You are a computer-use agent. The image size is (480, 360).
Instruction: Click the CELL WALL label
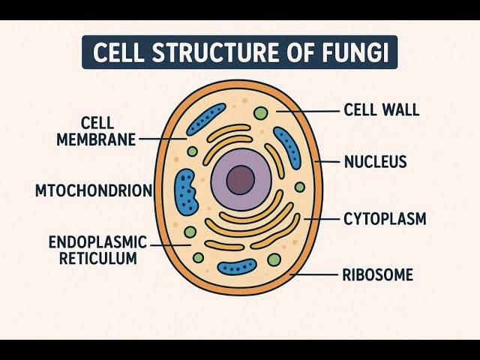(381, 110)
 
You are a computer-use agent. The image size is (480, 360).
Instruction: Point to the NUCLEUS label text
(375, 161)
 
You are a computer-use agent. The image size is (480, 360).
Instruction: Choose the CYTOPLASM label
(385, 219)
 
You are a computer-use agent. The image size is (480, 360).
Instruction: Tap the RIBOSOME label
(377, 274)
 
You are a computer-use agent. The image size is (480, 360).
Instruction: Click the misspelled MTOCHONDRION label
(94, 190)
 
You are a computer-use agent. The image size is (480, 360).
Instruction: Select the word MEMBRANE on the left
(96, 139)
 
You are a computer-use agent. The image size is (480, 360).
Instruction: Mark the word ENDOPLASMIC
(97, 243)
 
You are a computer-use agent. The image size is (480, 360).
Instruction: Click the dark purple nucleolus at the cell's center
(241, 180)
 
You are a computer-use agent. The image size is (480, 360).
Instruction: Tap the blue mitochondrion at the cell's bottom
(237, 266)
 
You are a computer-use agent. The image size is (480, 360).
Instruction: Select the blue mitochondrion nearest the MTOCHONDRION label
(185, 191)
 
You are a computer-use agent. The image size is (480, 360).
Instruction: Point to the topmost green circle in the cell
(260, 113)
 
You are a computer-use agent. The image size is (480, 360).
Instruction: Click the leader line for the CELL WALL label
(307, 111)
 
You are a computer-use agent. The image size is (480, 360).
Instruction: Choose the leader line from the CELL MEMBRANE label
(162, 139)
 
